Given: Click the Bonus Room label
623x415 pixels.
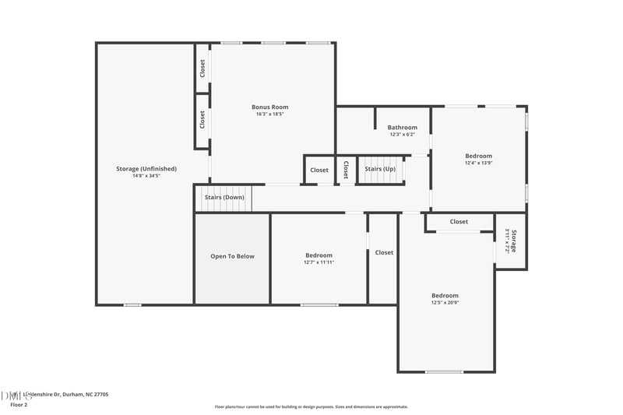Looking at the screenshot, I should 269,107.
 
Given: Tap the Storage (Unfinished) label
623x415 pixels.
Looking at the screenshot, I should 146,169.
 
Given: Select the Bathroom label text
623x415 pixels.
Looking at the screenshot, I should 403,128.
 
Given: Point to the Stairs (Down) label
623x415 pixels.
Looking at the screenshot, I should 224,198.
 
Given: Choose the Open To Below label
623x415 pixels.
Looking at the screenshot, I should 232,256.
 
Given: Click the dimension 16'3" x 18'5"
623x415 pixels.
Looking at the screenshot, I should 269,114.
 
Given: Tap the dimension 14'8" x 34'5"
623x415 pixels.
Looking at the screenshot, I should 146,176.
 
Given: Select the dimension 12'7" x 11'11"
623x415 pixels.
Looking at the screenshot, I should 319,262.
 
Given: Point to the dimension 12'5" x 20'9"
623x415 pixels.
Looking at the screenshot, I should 445,302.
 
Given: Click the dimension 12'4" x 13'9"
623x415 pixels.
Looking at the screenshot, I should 478,163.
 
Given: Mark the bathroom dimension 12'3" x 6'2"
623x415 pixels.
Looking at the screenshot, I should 403,135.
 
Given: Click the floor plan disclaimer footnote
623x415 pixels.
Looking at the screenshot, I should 311,406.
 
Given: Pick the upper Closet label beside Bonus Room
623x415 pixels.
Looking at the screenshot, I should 202,69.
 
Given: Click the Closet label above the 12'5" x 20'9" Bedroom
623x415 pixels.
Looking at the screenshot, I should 459,222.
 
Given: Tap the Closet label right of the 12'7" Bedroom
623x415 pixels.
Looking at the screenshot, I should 384,252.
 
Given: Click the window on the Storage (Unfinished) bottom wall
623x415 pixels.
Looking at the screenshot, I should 132,304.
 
